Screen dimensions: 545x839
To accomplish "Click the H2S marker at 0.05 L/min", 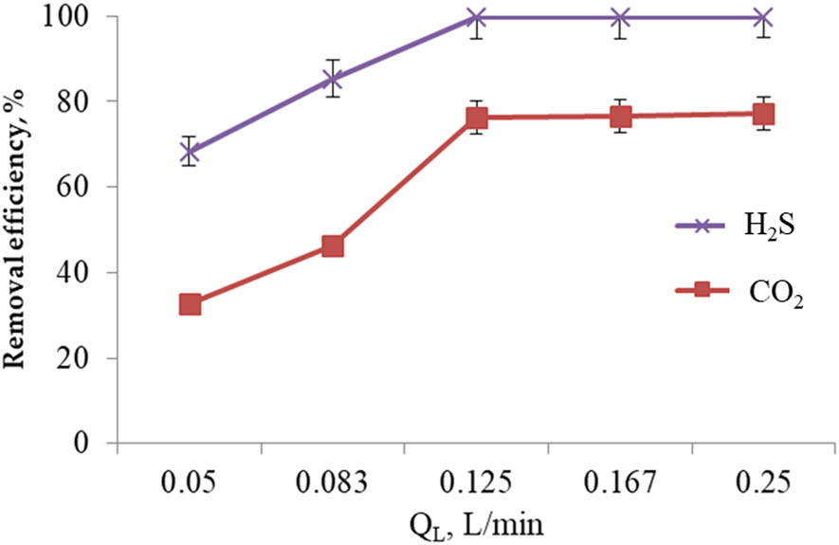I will point(190,151).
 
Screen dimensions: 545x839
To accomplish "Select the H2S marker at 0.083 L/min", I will point(333,79).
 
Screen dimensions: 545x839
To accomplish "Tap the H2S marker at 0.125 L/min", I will point(477,18).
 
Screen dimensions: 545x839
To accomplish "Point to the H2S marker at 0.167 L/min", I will point(621,18).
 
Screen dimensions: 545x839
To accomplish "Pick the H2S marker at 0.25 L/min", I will point(763,18).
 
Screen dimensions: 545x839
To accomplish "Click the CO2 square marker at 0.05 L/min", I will point(190,304).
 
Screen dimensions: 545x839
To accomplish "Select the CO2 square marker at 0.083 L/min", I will point(333,246).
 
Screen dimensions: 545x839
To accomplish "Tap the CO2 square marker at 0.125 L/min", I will point(477,118).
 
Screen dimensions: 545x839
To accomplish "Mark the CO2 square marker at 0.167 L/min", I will point(621,117).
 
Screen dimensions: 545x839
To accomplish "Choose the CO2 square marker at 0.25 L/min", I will point(763,115).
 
